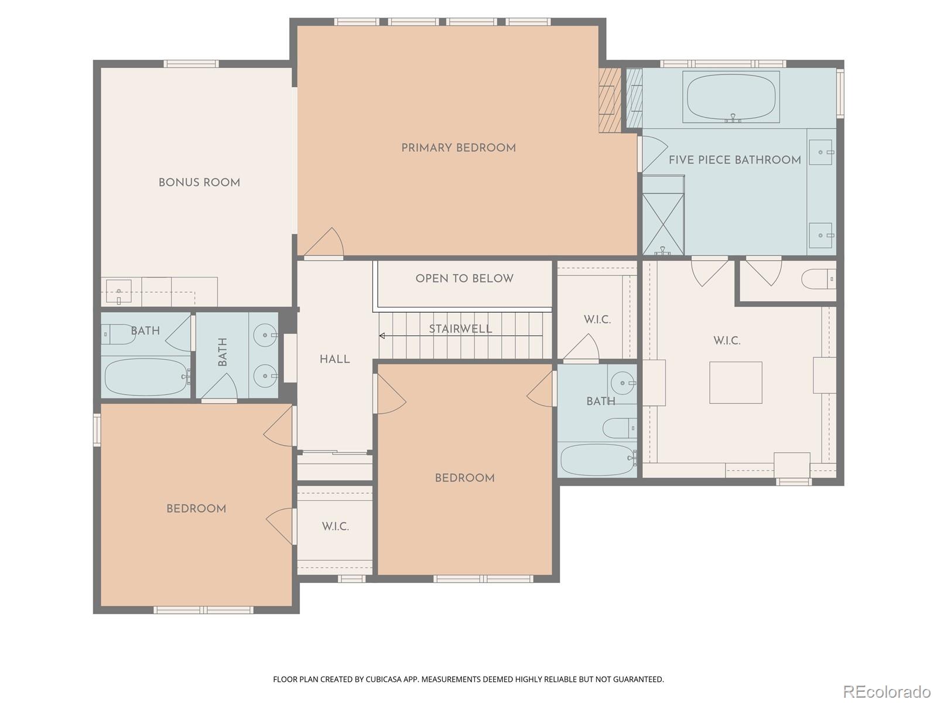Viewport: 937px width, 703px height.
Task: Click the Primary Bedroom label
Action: coord(459,148)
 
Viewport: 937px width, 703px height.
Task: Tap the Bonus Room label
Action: coord(199,183)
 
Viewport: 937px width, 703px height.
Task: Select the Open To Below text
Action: coord(464,279)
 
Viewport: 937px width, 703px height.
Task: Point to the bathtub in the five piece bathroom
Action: coord(731,97)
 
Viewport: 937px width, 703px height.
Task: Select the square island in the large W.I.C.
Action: coord(736,383)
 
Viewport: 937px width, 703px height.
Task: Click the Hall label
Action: coord(335,360)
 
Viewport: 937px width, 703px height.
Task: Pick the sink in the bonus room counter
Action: coord(119,291)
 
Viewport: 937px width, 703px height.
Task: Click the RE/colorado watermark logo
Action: coord(887,691)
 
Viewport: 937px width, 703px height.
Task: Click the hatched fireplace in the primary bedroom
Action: coord(609,100)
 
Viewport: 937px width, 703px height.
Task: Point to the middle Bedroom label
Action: coord(464,478)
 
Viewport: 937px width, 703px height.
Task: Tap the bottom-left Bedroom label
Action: coord(196,509)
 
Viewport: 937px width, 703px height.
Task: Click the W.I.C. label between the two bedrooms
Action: coord(335,527)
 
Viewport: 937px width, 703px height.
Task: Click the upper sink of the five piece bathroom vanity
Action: coord(822,152)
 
